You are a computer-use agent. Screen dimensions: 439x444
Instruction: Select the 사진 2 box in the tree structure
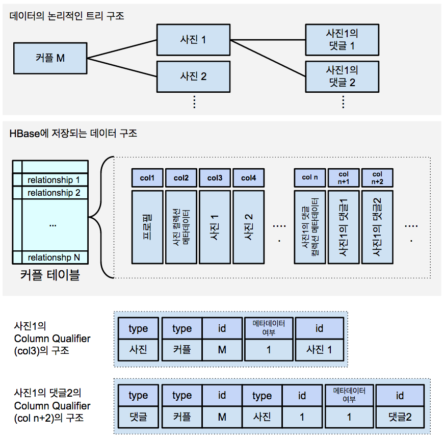point(193,76)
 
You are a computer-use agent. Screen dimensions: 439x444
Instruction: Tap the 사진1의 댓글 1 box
point(342,40)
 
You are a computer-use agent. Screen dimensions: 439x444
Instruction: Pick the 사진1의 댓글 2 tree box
point(342,75)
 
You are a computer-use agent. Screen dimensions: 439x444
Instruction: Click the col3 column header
point(215,178)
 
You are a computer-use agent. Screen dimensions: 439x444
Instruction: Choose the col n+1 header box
point(343,178)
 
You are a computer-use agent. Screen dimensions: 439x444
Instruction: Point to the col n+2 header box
point(377,178)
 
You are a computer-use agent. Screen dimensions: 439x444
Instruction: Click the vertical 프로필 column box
point(147,227)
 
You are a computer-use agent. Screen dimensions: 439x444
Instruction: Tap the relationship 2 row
point(54,193)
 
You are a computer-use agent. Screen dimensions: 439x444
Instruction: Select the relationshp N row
point(54,257)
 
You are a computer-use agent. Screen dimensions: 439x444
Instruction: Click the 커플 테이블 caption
point(50,276)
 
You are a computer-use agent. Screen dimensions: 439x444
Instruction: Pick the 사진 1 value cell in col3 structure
point(319,350)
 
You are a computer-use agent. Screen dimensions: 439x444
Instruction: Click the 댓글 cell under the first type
point(138,417)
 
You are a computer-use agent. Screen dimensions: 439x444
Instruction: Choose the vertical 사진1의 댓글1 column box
point(343,227)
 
